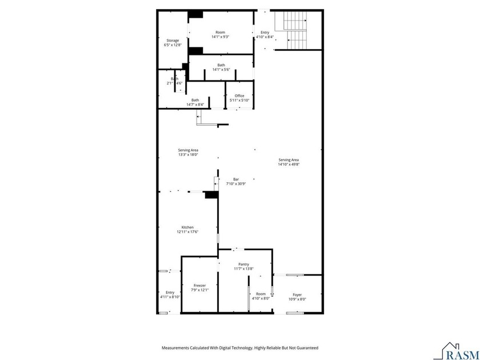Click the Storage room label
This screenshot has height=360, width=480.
173,41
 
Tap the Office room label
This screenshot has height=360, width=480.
239,95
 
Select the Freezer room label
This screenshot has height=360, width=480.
199,285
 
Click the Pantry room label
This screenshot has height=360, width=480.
243,264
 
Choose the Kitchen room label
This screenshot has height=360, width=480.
187,227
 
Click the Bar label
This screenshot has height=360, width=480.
235,179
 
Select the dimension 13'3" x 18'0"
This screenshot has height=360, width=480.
187,155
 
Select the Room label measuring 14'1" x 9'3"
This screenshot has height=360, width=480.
220,32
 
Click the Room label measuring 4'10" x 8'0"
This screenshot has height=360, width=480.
261,294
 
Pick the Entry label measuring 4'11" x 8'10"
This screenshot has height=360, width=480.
170,292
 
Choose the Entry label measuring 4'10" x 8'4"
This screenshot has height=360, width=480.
265,33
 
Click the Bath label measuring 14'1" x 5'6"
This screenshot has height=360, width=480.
221,65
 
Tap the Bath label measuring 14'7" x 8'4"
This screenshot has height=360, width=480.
195,100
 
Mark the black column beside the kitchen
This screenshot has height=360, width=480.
211,195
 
